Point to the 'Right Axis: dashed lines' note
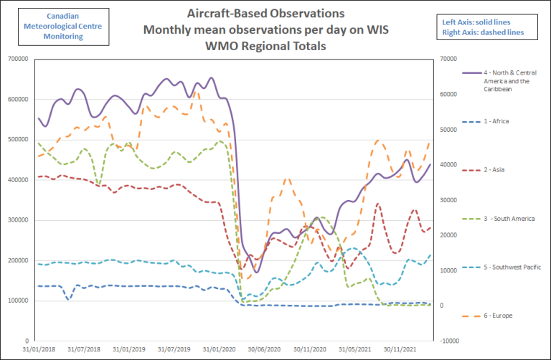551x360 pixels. coord(482,32)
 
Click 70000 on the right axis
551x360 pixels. coord(448,59)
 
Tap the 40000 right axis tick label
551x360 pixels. coord(448,165)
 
